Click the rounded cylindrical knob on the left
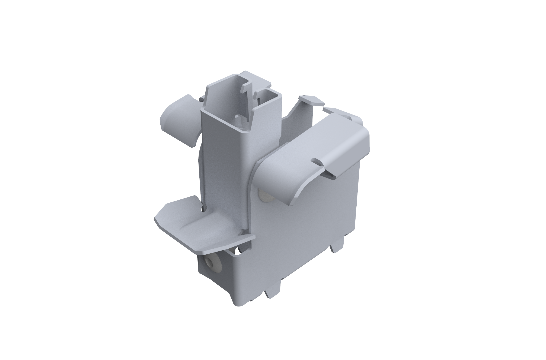[179, 118]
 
